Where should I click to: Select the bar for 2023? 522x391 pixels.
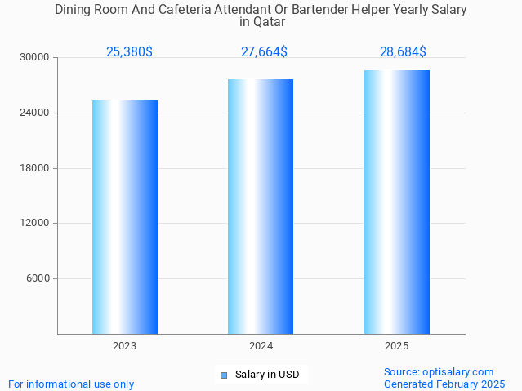click(125, 217)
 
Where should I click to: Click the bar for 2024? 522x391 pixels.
click(261, 207)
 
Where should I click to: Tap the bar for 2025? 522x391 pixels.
click(397, 202)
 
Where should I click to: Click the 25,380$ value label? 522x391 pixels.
click(129, 52)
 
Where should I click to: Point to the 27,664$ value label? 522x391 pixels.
click(264, 52)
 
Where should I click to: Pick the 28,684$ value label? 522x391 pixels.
click(403, 52)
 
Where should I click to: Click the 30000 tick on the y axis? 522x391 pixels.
click(35, 58)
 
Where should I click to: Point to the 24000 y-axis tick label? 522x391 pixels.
click(35, 113)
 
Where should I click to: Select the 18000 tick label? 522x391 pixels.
click(35, 168)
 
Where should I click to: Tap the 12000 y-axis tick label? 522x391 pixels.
click(35, 223)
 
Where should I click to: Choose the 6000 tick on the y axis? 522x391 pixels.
click(38, 278)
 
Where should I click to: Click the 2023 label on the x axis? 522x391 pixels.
click(125, 346)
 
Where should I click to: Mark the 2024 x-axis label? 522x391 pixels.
click(261, 346)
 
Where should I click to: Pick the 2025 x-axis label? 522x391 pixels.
click(397, 346)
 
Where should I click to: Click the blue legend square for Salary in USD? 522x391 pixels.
click(223, 375)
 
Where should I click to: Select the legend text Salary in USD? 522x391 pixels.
click(267, 375)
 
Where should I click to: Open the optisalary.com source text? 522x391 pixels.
click(439, 371)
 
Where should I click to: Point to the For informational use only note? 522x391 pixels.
click(71, 384)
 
